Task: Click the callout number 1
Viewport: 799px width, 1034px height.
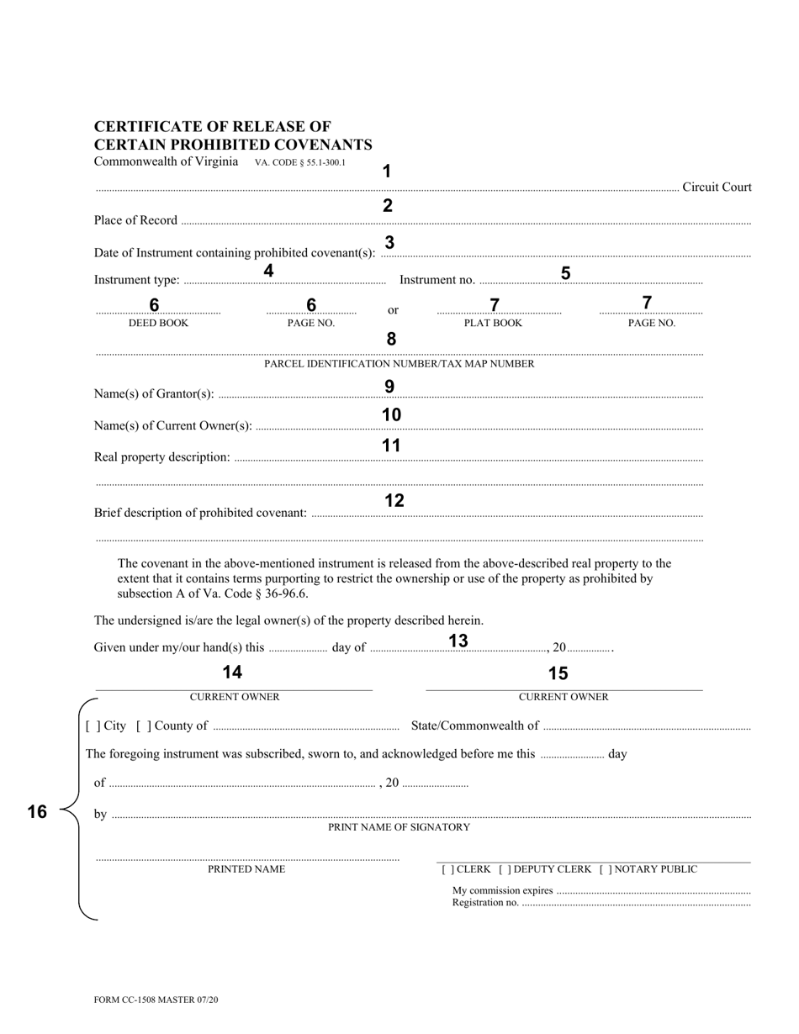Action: [x=387, y=171]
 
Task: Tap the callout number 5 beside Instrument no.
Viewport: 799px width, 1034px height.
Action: [x=565, y=273]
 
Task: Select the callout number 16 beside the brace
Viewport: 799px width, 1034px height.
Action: [x=37, y=811]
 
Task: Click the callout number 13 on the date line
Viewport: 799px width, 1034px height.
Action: [x=458, y=641]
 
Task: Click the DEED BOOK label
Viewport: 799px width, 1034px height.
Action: [x=158, y=323]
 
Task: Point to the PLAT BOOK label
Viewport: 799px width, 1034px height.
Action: [x=493, y=323]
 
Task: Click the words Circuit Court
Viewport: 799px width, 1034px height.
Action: [x=717, y=187]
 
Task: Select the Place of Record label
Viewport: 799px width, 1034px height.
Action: [x=135, y=220]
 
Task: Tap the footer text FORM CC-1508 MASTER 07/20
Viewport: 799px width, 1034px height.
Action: [x=156, y=1000]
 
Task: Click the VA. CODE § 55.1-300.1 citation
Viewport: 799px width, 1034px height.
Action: [x=300, y=163]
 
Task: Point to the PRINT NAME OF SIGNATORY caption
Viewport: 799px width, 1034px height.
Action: [x=399, y=827]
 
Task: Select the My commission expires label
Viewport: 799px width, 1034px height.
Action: [x=502, y=890]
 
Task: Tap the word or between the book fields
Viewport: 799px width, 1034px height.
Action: [x=393, y=310]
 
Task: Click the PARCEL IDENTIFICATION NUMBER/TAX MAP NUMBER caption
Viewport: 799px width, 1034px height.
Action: [x=399, y=364]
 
